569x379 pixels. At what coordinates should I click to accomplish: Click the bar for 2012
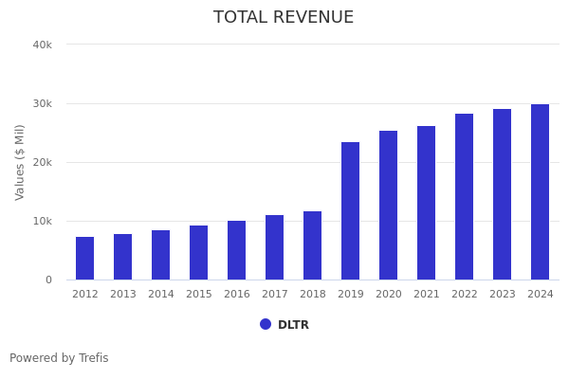click(85, 259)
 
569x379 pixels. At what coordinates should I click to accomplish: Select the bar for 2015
click(199, 253)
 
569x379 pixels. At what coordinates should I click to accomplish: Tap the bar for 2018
click(313, 245)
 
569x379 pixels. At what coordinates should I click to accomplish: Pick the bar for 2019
click(351, 211)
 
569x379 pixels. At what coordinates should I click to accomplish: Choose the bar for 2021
click(427, 203)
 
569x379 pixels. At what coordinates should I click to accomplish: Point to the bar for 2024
click(541, 192)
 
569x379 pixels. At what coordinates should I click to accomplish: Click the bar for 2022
click(465, 197)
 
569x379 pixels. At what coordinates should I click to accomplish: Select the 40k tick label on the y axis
click(42, 45)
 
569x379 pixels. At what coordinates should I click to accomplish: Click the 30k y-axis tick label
click(42, 103)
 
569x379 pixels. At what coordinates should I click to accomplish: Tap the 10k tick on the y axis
click(42, 221)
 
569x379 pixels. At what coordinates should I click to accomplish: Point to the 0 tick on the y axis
click(47, 280)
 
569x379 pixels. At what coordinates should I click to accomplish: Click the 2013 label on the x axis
click(123, 295)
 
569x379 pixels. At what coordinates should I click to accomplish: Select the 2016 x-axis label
click(237, 295)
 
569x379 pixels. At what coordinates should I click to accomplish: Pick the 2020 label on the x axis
click(389, 295)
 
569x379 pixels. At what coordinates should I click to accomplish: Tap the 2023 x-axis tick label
click(503, 295)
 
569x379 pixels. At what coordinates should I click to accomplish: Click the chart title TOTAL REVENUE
click(284, 18)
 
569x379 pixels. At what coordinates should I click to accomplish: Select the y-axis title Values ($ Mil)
click(20, 162)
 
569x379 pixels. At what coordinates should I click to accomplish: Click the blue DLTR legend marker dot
click(266, 324)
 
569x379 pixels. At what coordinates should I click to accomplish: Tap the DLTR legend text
click(293, 325)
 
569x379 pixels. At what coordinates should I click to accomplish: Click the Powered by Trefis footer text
click(59, 358)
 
